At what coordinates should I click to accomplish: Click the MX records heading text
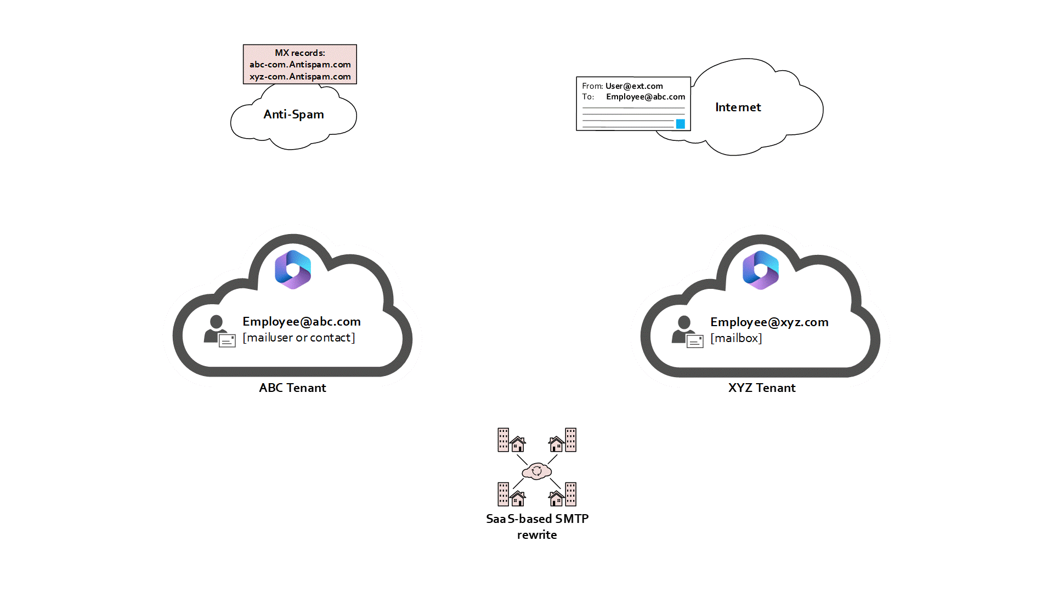coord(299,53)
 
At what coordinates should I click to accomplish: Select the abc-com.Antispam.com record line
coord(300,65)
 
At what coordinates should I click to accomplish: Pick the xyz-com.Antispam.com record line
coord(300,77)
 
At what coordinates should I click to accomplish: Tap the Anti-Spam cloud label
coord(293,115)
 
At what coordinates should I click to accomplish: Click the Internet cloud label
coord(738,107)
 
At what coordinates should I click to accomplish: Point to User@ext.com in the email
coord(634,86)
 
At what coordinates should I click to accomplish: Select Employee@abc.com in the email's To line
coord(646,97)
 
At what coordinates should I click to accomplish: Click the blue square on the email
coord(680,124)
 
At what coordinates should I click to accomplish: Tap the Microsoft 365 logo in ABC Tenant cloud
coord(293,270)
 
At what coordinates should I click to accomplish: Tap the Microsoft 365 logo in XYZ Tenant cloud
coord(761,270)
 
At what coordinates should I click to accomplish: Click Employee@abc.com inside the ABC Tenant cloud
coord(302,322)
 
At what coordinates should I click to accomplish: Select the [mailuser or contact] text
coord(299,338)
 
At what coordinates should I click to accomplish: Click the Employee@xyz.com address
coord(769,322)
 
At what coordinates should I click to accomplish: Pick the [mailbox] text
coord(736,338)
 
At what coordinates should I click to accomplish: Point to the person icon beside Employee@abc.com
coord(218,331)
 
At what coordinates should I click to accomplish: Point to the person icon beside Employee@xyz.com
coord(686,331)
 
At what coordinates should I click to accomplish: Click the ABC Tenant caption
coord(292,388)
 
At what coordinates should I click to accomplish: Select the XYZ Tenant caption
coord(762,388)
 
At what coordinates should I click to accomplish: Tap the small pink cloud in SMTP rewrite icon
coord(537,471)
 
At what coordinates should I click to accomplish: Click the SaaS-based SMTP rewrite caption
coord(537,526)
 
